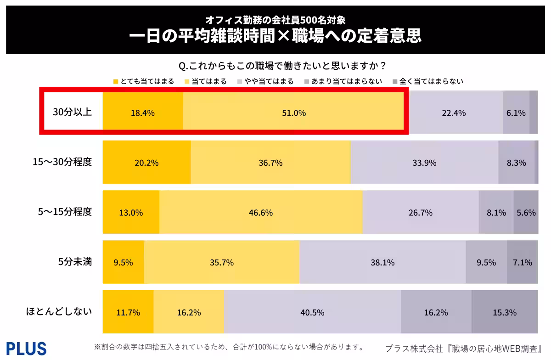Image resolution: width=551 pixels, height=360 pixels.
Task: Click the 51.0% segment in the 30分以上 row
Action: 293,112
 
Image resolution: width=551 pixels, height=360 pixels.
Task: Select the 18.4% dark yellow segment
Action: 143,112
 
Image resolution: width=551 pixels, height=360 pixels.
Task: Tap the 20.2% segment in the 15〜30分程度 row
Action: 146,163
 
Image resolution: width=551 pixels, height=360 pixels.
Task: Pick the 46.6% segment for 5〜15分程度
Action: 261,213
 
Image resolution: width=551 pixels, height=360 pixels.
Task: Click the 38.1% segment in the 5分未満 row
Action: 382,263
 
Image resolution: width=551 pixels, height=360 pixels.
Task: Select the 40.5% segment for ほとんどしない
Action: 312,312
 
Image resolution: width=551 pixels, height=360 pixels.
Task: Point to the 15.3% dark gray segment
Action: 504,312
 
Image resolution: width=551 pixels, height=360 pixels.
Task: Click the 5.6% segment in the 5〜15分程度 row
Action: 526,213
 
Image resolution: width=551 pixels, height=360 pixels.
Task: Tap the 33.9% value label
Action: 424,163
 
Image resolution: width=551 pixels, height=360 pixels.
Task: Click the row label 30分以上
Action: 73,112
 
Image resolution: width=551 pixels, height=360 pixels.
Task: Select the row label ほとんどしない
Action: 59,312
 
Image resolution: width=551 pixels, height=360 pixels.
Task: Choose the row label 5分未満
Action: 75,262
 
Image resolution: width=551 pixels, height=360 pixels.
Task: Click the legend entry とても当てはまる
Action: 143,81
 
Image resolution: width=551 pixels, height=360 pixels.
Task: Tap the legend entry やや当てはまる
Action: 265,81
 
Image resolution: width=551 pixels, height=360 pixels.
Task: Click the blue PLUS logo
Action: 26,348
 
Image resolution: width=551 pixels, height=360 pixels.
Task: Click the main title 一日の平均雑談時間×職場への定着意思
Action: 275,36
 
